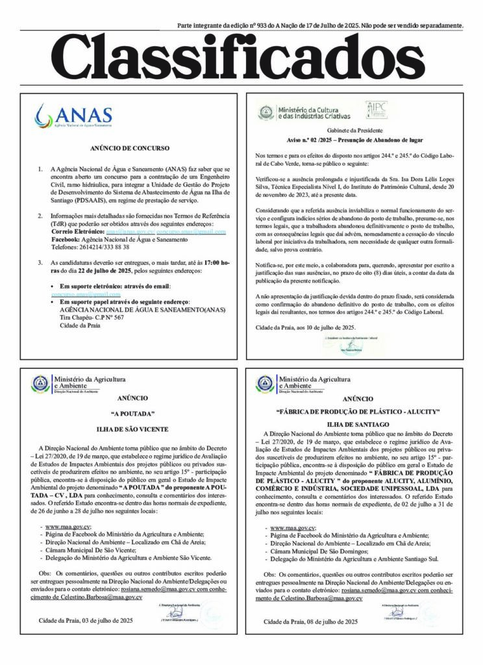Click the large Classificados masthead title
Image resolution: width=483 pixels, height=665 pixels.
tap(241, 59)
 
